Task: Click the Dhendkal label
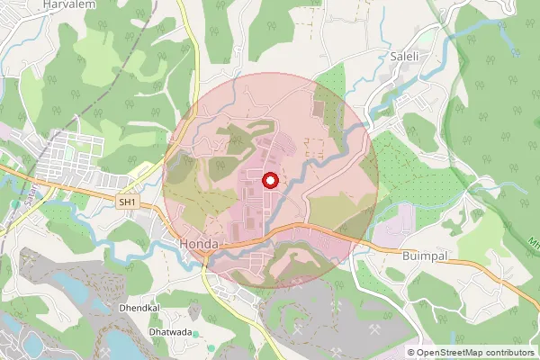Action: pos(139,308)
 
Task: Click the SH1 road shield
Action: pos(127,203)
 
